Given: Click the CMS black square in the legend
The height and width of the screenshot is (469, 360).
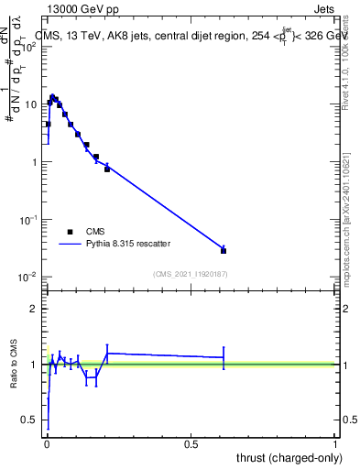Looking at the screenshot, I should click(x=70, y=232).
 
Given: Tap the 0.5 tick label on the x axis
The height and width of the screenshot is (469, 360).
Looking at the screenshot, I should click(x=191, y=444).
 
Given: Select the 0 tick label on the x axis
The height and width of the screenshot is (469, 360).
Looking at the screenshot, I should click(x=47, y=444).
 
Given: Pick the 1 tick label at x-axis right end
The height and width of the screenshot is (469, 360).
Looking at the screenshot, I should click(x=335, y=444).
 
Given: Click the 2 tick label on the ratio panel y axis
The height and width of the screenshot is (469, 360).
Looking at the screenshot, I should click(x=34, y=309).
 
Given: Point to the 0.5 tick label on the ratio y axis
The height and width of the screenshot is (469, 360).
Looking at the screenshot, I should click(x=30, y=420).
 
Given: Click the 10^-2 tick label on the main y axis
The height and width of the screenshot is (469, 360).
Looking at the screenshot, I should click(x=29, y=277).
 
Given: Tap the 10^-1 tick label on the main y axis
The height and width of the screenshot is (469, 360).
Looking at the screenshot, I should click(x=29, y=220).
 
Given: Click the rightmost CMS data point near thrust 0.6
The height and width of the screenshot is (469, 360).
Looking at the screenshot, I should click(x=224, y=250).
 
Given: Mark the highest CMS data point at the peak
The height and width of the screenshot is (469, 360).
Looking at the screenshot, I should click(x=53, y=97).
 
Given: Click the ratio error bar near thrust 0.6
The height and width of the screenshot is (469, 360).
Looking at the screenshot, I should click(x=224, y=357).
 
